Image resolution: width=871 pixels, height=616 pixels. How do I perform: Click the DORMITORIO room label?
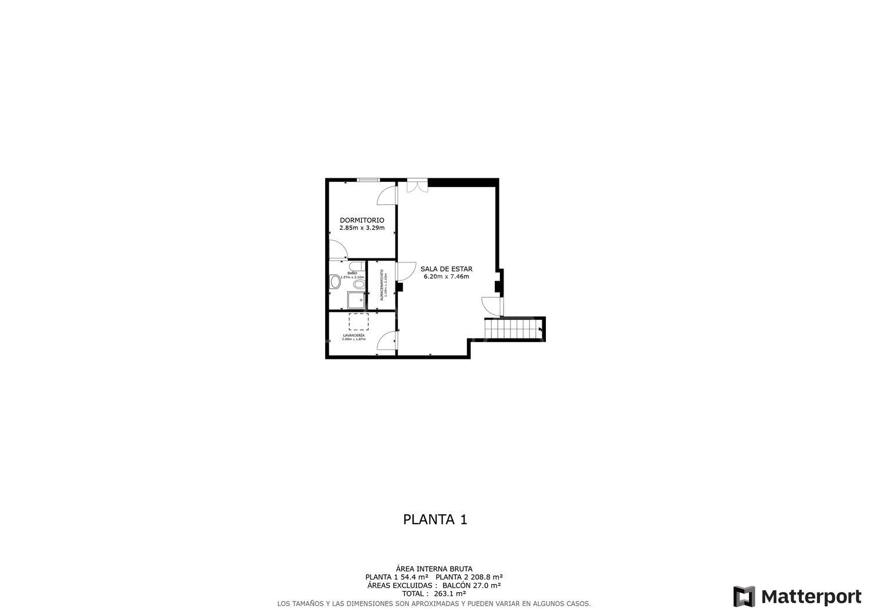(x=362, y=220)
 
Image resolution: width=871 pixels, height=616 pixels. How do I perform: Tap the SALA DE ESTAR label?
(x=446, y=269)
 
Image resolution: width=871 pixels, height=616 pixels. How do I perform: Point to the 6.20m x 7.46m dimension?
(x=446, y=276)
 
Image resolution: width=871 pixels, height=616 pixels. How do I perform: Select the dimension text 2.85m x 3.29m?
(x=362, y=228)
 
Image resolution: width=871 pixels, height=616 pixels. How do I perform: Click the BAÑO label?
(x=352, y=273)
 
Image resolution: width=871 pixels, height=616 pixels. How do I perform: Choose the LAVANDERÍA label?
(x=354, y=336)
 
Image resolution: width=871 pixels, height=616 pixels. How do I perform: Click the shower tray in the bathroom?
(x=355, y=300)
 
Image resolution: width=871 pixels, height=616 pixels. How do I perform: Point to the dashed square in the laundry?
(x=358, y=322)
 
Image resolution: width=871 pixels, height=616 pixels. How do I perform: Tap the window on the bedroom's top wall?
(x=368, y=180)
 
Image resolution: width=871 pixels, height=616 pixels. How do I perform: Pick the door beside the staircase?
(x=491, y=305)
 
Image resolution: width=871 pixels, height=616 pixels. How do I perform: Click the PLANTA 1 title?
(x=435, y=519)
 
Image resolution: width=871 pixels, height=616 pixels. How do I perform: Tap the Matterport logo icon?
(x=744, y=596)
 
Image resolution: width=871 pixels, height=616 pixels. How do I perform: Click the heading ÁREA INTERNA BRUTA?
(x=434, y=568)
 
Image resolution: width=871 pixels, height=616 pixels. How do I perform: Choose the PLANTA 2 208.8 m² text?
(x=469, y=577)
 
